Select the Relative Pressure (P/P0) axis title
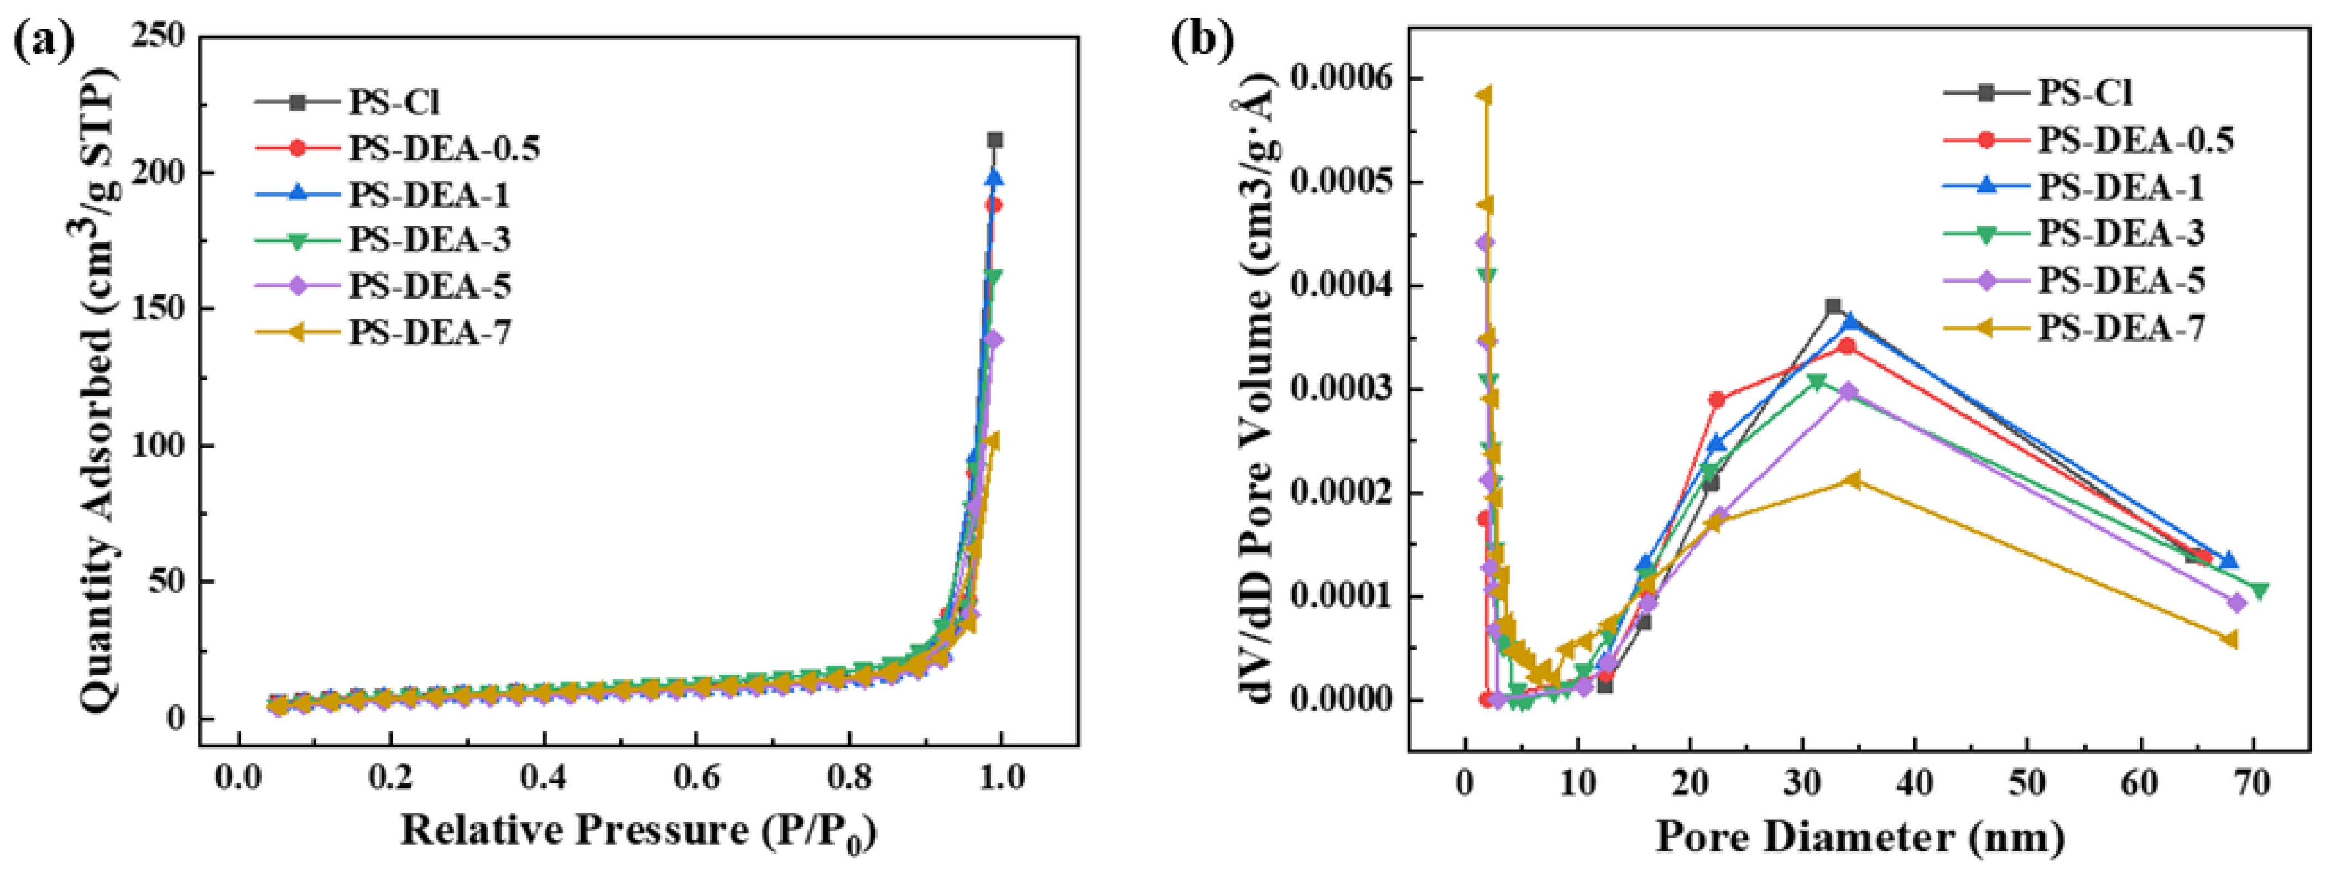tap(638, 830)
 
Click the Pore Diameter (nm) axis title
tap(1860, 837)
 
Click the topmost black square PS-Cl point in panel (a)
tap(994, 140)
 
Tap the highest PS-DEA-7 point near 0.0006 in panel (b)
tap(1484, 95)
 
